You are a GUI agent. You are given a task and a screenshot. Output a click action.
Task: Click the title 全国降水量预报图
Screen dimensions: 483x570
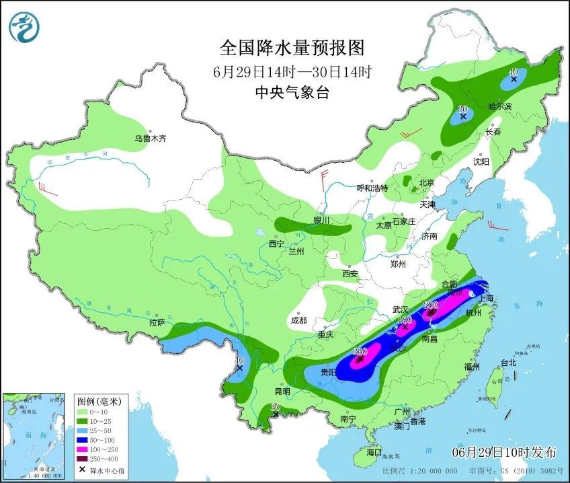click(292, 48)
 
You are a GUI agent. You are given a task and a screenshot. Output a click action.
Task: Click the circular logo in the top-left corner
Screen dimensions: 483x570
click(24, 27)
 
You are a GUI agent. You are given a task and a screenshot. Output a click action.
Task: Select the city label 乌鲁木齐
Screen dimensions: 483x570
click(149, 139)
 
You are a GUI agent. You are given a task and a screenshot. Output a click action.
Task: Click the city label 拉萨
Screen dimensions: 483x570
click(157, 323)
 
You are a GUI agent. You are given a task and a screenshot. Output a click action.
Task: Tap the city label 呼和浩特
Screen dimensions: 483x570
click(372, 188)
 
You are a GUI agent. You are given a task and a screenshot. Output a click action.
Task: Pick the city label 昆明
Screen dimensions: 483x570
click(282, 392)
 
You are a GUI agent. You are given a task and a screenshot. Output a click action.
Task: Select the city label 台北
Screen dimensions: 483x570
click(508, 363)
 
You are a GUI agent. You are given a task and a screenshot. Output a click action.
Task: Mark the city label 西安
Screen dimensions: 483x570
click(350, 274)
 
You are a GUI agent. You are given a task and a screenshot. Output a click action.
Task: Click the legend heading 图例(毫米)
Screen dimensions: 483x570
click(97, 401)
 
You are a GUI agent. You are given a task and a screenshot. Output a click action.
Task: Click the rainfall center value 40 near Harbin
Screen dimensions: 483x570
click(513, 71)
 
